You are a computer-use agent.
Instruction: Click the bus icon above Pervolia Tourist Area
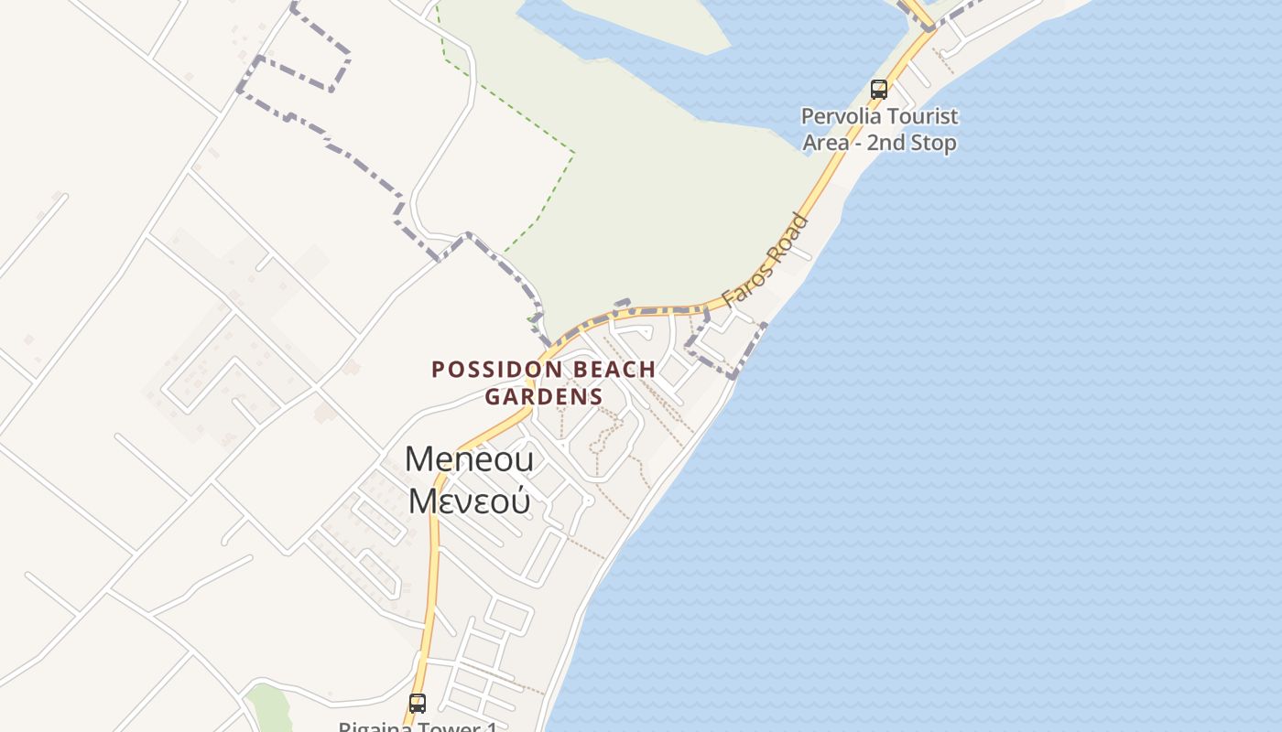pos(879,90)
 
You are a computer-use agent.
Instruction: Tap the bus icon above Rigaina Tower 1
pos(418,704)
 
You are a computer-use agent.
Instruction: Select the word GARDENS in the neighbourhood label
pos(544,397)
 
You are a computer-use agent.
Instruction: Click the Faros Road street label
pos(766,261)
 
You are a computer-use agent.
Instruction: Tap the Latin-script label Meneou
pos(469,459)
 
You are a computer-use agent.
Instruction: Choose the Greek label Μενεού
pos(469,501)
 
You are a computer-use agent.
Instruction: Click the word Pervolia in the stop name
pos(840,117)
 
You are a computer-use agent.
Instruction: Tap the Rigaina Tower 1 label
pos(418,727)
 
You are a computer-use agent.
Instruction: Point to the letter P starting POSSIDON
pos(438,370)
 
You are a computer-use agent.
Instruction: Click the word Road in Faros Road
pos(789,235)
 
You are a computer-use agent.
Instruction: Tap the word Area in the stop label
pos(826,144)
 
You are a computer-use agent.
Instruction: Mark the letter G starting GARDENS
pos(492,397)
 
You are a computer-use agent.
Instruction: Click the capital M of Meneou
pos(418,459)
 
